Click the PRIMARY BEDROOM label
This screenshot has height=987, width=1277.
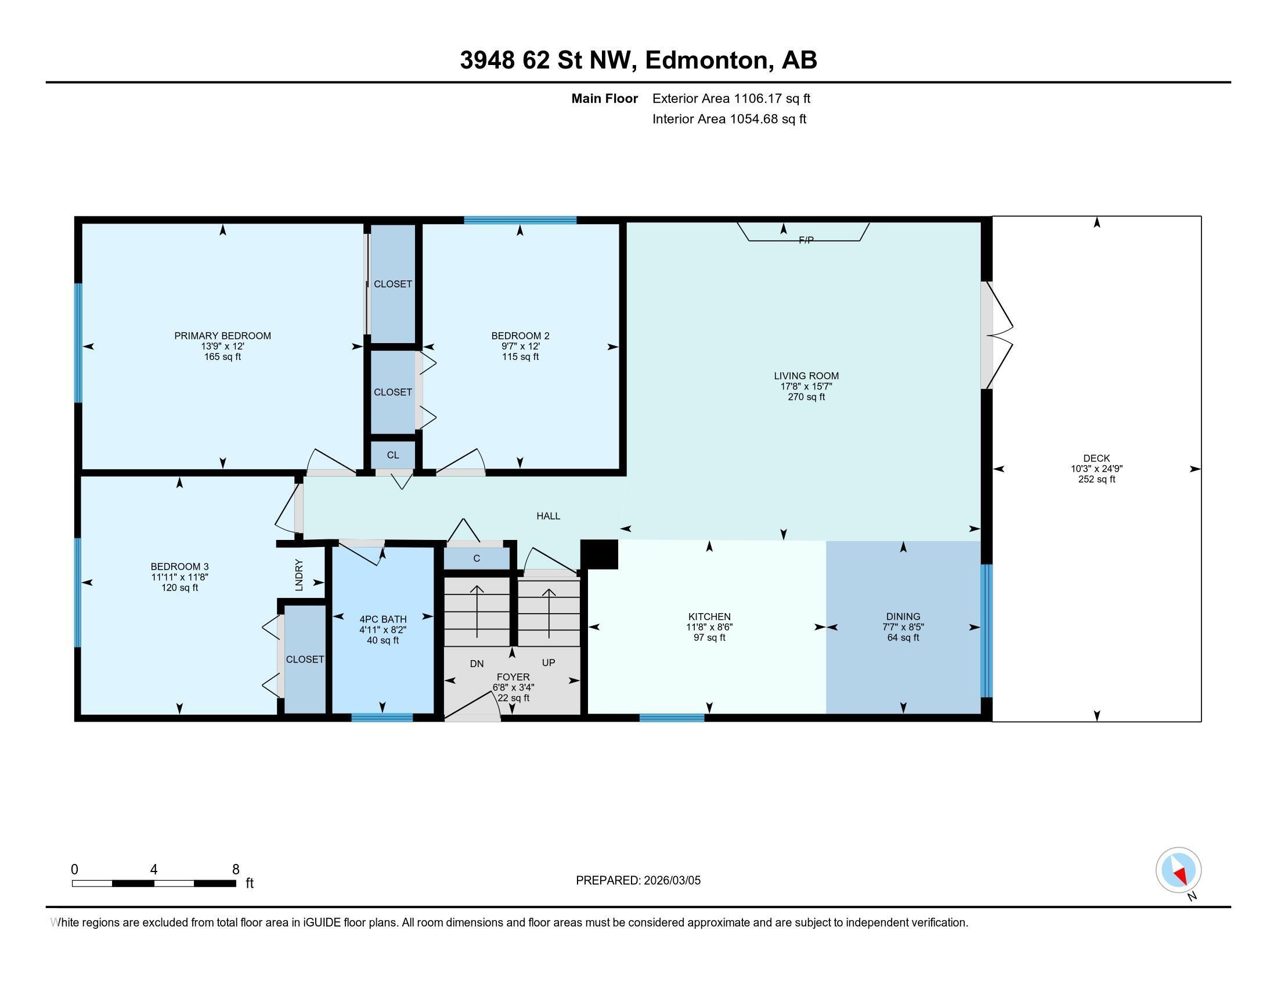point(222,336)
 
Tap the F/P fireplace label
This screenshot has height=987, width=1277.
point(806,240)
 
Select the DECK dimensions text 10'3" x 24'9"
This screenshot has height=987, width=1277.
point(1096,469)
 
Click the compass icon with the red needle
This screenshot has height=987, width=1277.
point(1178,870)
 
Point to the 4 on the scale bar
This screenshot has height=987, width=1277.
point(153,869)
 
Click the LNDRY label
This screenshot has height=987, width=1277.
point(299,574)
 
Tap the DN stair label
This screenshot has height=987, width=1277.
point(477,663)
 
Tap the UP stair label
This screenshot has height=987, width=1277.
point(548,662)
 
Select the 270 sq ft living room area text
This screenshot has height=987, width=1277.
point(806,397)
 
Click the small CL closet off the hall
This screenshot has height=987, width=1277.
point(392,455)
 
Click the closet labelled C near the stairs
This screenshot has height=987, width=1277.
point(477,559)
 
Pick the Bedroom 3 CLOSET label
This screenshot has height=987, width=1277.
point(305,659)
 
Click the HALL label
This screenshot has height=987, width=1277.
point(548,516)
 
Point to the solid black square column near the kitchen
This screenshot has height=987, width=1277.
point(599,554)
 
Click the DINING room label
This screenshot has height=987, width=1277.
point(903,616)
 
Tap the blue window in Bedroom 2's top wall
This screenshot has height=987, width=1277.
point(520,221)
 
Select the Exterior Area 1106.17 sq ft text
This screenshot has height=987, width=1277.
point(731,98)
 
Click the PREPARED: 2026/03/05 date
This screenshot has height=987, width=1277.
point(638,880)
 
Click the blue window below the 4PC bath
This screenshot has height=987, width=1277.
point(382,718)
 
